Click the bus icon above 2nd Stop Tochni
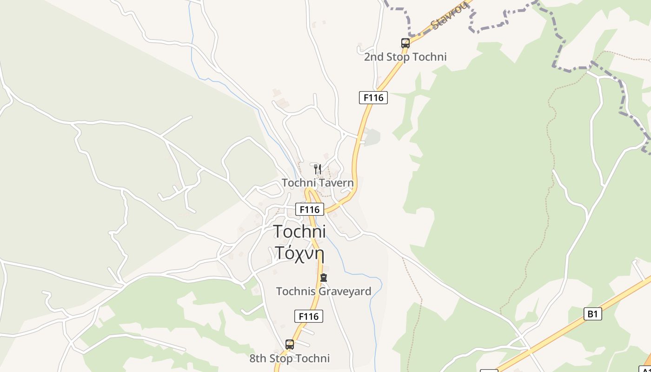point(405,43)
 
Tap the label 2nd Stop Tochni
point(405,57)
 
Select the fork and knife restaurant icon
point(318,169)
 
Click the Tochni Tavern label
point(318,183)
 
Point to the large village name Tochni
point(299,231)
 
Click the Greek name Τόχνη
point(299,252)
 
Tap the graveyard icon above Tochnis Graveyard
point(324,278)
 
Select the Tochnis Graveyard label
point(324,292)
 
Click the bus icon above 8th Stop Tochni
point(290,345)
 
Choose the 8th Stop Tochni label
point(290,359)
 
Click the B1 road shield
point(592,314)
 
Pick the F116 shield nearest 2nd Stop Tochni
point(373,98)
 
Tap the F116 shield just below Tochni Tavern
point(310,209)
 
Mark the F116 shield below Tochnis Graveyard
point(309,317)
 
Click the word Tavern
point(335,183)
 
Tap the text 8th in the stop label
point(259,359)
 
